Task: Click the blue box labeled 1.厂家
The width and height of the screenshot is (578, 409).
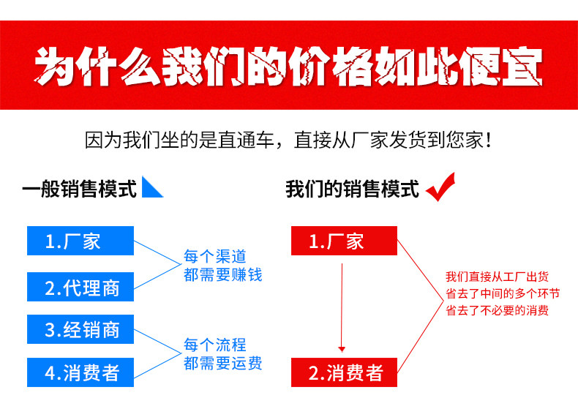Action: [80, 241]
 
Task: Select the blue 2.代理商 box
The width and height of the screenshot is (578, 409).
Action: [80, 286]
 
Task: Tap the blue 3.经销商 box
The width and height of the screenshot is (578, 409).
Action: [80, 329]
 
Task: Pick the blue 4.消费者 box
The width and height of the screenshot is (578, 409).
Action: [80, 372]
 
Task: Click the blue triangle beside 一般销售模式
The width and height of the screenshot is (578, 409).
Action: [151, 188]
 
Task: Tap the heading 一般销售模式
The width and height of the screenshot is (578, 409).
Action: [79, 190]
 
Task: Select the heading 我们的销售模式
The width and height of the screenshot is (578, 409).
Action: [352, 190]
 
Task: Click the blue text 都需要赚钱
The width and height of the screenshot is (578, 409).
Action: [222, 275]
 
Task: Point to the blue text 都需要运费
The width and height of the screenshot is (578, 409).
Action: [222, 363]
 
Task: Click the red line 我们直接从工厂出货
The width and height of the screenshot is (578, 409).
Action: [497, 277]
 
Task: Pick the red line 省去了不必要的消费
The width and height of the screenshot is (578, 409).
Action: [497, 310]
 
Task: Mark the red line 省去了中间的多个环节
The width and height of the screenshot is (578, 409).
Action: [503, 293]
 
